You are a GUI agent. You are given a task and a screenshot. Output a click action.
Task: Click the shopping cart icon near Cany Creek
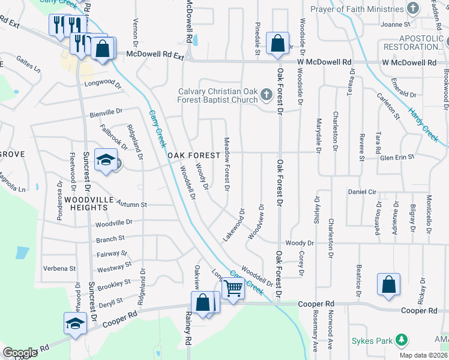tap(233, 289)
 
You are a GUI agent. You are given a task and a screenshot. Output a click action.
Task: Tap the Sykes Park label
tap(372, 341)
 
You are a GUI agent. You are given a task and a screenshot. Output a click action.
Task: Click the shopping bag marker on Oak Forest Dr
tap(277, 43)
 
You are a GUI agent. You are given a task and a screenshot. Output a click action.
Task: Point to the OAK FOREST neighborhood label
tap(190, 155)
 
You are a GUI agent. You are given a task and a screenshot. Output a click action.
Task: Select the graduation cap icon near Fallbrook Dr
tap(106, 160)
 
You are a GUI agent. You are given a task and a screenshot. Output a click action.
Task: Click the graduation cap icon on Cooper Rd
tap(75, 323)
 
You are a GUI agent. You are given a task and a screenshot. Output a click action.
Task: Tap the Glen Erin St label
tap(397, 157)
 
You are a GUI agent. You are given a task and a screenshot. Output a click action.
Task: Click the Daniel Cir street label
tap(362, 192)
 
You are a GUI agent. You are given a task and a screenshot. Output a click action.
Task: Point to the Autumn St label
tap(131, 204)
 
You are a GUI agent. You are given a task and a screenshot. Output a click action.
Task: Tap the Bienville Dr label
tap(106, 111)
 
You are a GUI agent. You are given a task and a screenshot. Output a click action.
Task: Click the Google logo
tap(20, 353)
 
